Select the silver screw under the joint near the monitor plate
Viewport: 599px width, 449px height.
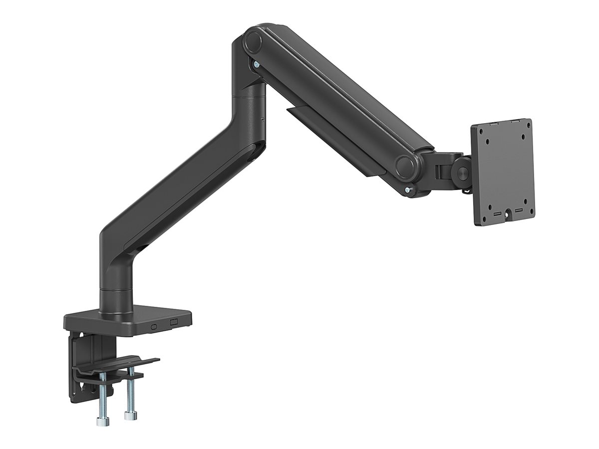point(409,189)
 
